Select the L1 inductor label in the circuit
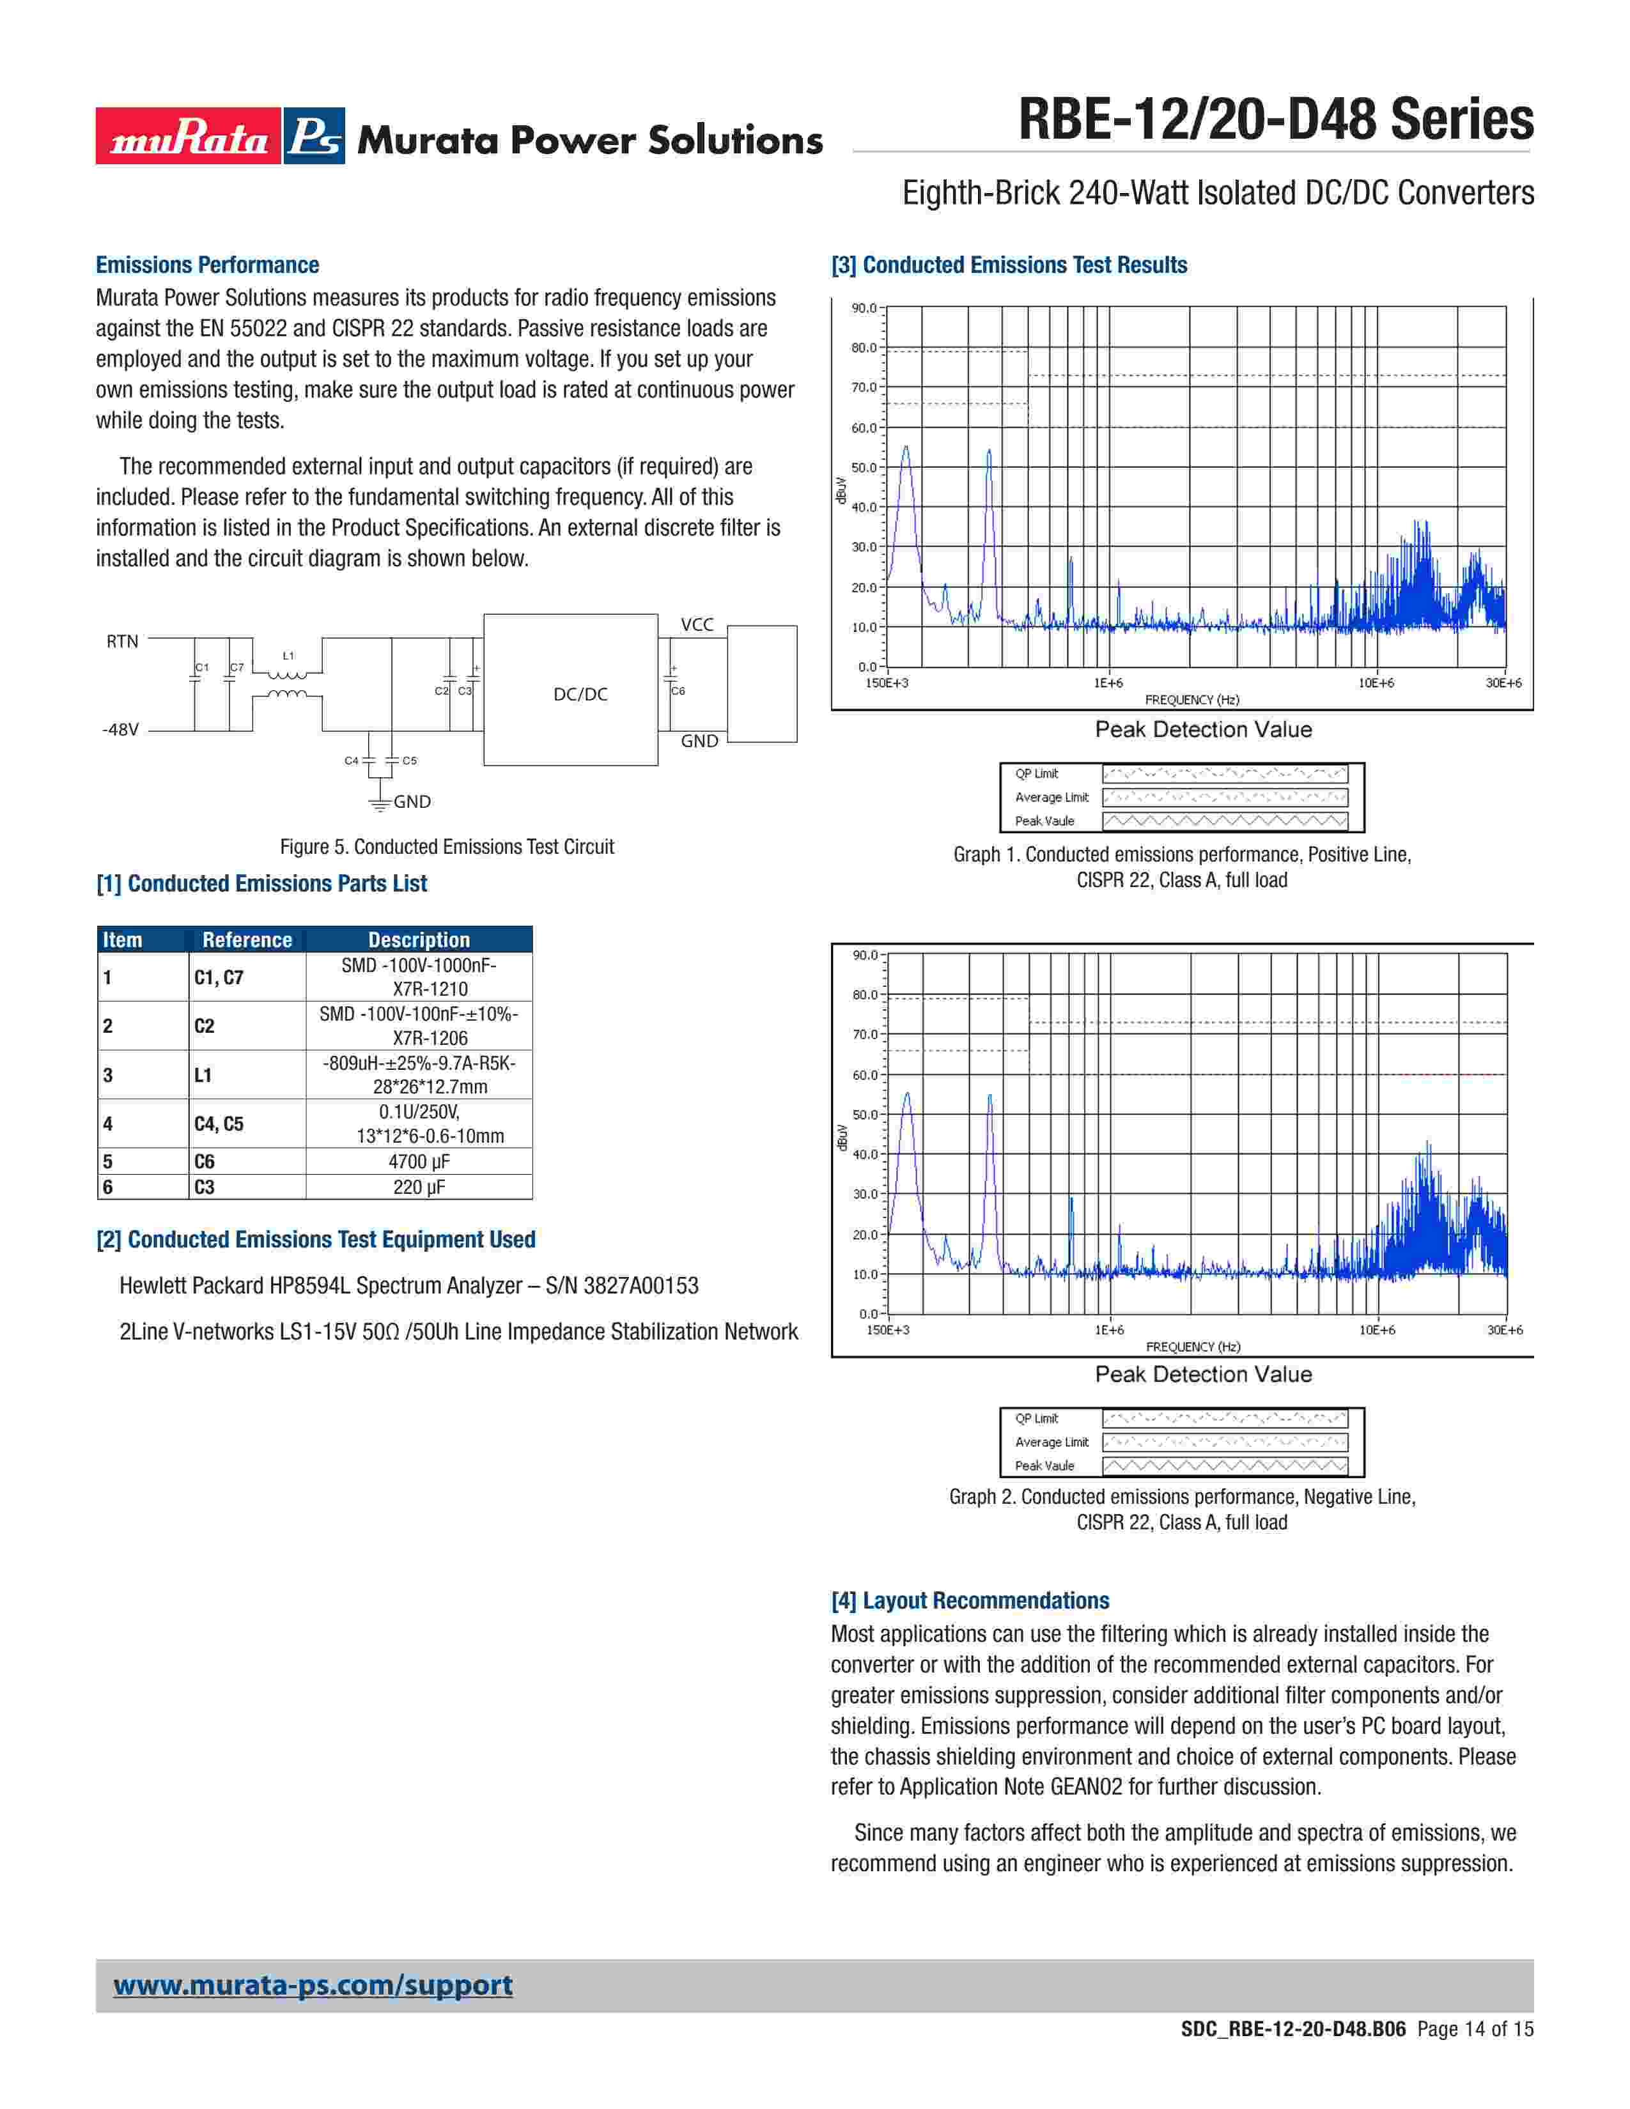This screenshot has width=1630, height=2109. coord(288,656)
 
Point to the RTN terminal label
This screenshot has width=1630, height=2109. coord(123,641)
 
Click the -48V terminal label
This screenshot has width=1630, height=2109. coord(121,730)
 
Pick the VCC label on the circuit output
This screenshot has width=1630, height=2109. coord(697,625)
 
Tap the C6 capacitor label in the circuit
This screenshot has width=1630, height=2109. coord(678,691)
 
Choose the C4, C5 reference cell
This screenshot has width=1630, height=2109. coord(219,1124)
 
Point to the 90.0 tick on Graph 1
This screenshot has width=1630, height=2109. coord(864,308)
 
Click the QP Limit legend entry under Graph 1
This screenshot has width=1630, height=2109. coord(1036,773)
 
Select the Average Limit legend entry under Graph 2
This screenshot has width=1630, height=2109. coord(1052,1442)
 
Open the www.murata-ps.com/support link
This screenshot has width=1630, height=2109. coord(313,1986)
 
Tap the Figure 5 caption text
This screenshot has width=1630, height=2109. coord(446,847)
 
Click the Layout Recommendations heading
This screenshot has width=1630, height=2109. coord(970,1600)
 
